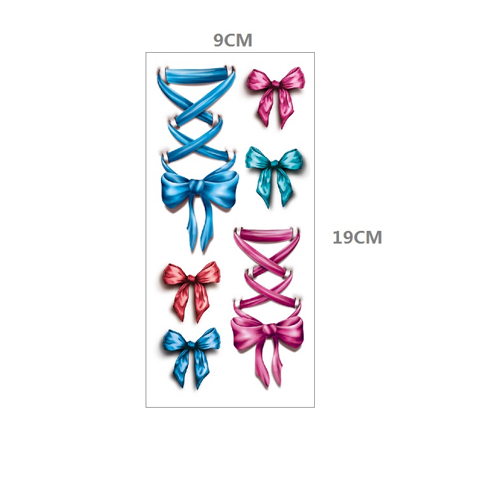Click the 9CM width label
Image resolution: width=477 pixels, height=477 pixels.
click(233, 40)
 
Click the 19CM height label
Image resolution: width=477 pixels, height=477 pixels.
click(357, 237)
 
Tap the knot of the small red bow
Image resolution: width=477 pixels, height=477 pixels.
click(191, 279)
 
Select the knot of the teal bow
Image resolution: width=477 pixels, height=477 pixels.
click(274, 163)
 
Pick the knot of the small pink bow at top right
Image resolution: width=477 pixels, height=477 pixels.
click(275, 84)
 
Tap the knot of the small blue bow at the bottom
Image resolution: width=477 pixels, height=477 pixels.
click(191, 345)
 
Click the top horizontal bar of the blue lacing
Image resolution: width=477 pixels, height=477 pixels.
click(197, 75)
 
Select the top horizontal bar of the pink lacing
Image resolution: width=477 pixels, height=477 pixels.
click(266, 234)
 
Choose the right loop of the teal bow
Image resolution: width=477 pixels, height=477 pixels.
click(291, 160)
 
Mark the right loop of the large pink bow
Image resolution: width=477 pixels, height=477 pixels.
click(289, 331)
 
